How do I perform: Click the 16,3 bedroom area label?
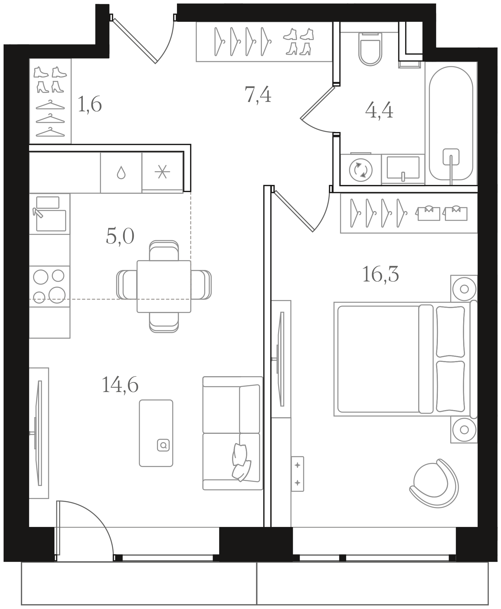380,275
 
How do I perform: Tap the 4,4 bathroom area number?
379,111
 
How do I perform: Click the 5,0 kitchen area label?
120,237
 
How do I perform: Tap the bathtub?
451,123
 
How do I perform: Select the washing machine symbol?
361,170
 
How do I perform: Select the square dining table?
164,286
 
